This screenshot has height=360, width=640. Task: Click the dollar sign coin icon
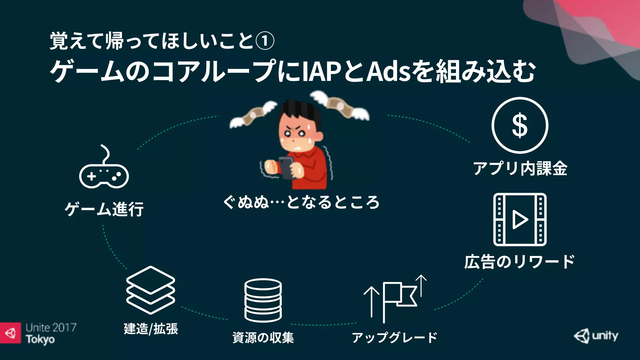tap(520, 125)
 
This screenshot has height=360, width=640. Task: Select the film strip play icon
tap(520, 219)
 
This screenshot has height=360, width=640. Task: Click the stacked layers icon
tap(151, 290)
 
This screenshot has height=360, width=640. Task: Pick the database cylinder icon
tap(263, 300)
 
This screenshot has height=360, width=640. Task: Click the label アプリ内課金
tap(520, 169)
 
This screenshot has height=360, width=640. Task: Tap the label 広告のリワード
tap(519, 262)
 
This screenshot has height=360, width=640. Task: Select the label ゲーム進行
tap(104, 209)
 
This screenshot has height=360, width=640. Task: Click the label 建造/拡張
tap(151, 329)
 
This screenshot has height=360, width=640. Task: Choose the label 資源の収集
tap(263, 337)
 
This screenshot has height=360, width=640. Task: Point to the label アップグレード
tap(394, 337)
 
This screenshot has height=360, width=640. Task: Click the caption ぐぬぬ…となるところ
tap(301, 202)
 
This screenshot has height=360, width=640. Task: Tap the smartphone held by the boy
tap(286, 167)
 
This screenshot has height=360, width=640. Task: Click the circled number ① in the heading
tap(265, 41)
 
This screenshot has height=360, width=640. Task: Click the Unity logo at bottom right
tap(596, 336)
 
